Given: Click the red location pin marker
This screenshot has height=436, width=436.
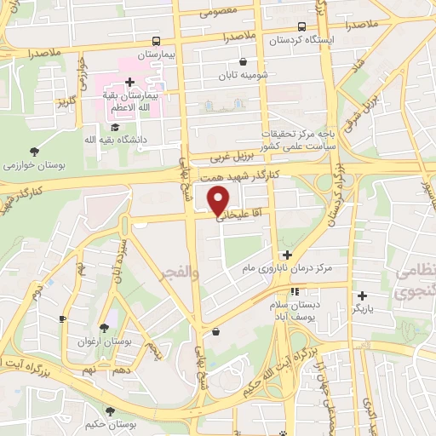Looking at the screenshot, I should click(x=219, y=199).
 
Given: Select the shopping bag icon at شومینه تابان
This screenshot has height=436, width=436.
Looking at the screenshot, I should click(x=244, y=61).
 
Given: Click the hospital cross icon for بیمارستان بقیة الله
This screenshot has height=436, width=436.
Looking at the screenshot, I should click(x=129, y=83).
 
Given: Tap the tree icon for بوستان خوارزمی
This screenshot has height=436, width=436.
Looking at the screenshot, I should click(x=32, y=151).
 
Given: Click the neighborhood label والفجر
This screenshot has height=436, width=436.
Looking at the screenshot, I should click(x=178, y=272).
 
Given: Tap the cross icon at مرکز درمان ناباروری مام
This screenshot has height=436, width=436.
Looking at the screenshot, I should click(x=287, y=255).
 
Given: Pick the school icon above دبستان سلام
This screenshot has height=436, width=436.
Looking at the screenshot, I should click(x=295, y=292).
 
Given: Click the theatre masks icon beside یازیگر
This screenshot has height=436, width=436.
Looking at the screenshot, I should click(x=362, y=295).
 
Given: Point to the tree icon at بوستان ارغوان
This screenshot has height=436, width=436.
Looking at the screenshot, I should click(x=103, y=328).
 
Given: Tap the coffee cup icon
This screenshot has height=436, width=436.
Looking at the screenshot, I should click(x=62, y=318).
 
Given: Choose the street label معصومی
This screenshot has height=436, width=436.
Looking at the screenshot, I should click(x=223, y=12).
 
